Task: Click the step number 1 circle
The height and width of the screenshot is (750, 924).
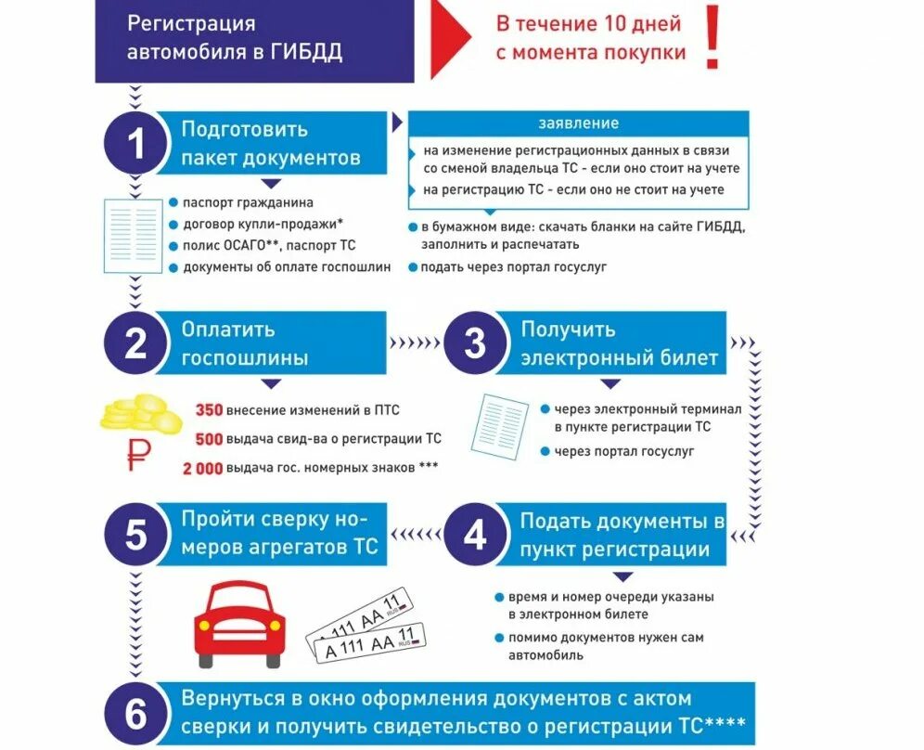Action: coord(136,145)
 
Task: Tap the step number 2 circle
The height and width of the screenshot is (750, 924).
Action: coord(136,344)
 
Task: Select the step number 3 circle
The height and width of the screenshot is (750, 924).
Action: coord(475,344)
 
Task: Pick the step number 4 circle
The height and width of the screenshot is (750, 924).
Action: coord(475,536)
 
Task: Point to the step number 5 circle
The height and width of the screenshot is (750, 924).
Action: coord(136,536)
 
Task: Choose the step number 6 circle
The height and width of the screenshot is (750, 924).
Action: coord(136,715)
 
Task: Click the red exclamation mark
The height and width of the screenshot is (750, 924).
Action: coord(712,38)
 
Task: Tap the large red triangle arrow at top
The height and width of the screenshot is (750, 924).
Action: coord(452,38)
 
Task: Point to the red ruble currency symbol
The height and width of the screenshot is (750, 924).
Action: coord(139,455)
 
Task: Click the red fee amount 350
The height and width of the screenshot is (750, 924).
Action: coord(210,409)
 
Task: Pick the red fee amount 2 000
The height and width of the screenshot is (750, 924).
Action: coord(203,468)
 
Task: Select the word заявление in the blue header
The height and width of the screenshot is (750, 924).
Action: coord(579,123)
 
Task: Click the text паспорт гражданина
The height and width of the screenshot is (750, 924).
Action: coord(248,202)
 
